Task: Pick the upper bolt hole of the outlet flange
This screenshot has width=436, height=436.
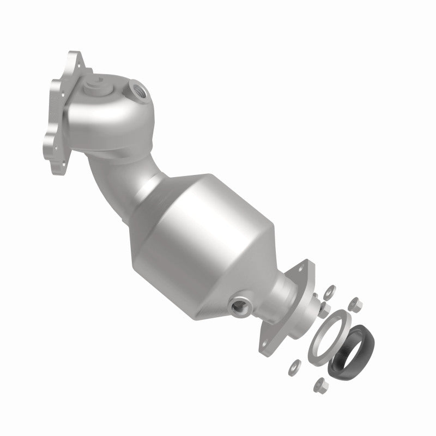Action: pyautogui.click(x=300, y=268)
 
